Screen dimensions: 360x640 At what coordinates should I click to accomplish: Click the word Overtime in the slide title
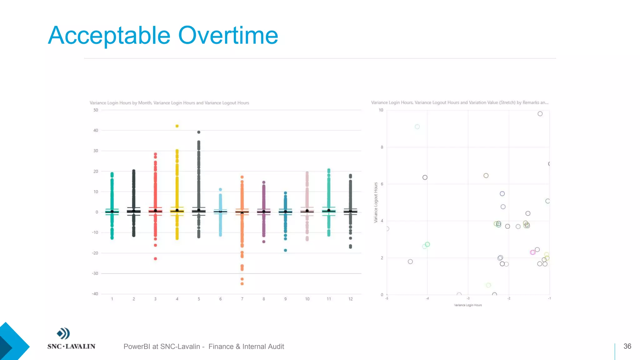(228, 35)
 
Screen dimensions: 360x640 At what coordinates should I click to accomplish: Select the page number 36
(627, 346)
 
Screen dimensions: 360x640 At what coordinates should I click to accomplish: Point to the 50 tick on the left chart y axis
(96, 110)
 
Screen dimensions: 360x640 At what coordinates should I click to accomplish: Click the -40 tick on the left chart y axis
(95, 294)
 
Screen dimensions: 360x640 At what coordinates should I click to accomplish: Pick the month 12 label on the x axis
(350, 299)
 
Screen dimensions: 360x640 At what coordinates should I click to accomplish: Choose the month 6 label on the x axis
(220, 299)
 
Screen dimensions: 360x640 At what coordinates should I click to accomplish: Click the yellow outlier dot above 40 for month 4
(177, 126)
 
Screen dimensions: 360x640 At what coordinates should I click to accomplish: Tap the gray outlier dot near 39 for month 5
(199, 132)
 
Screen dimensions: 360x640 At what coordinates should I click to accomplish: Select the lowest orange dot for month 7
(242, 284)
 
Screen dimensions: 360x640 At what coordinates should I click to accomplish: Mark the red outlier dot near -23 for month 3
(155, 259)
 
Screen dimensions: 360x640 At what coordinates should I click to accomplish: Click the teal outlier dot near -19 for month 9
(285, 250)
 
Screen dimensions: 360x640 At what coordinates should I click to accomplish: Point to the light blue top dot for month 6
(220, 189)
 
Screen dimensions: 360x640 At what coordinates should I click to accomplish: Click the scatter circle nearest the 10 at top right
(540, 114)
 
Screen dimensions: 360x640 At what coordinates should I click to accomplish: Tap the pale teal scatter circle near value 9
(417, 127)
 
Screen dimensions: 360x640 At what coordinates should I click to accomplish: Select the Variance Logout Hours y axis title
(376, 202)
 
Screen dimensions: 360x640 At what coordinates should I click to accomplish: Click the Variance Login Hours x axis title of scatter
(468, 305)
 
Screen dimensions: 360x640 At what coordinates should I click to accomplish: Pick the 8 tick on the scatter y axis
(382, 147)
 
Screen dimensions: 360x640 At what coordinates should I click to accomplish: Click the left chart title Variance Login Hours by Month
(169, 103)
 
